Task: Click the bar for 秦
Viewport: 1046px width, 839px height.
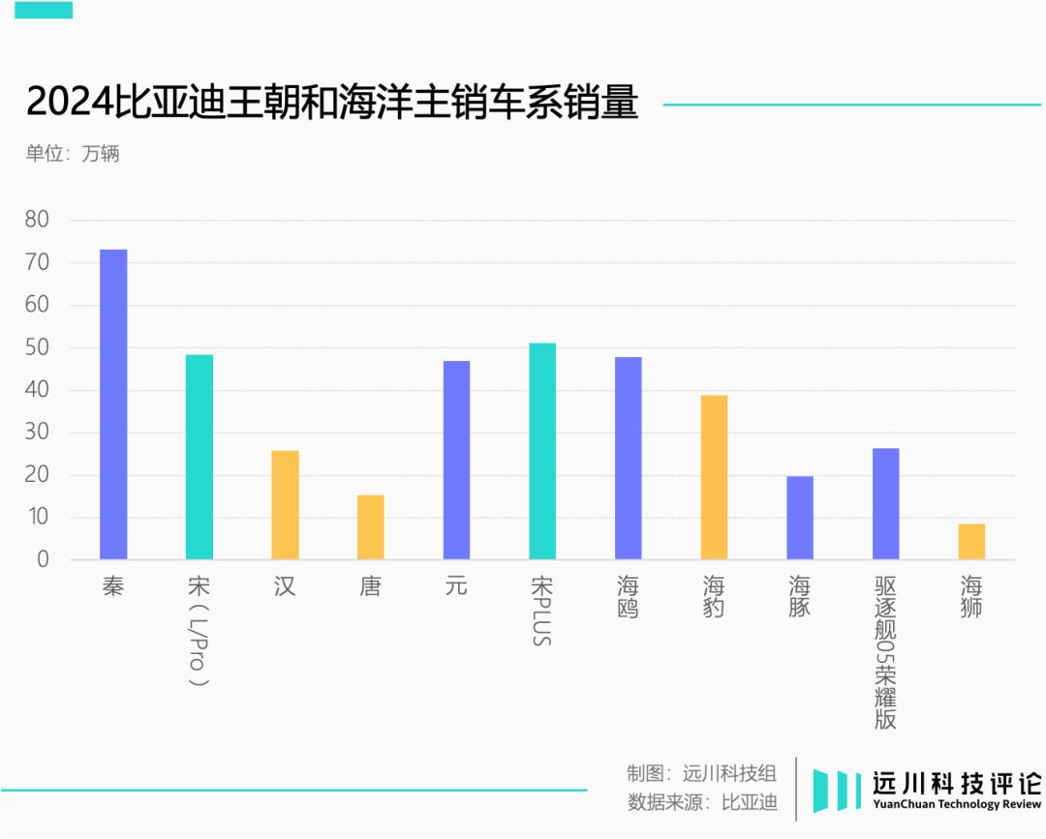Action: pos(113,405)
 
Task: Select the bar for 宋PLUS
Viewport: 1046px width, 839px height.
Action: pos(542,451)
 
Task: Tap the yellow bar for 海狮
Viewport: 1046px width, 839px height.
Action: pos(971,542)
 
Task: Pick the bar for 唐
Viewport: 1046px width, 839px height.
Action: pos(371,527)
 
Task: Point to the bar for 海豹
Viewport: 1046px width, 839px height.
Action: pos(714,477)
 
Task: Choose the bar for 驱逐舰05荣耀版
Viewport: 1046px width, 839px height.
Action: pos(885,504)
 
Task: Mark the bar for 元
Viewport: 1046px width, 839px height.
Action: pos(456,461)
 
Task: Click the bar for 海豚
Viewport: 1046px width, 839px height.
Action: pos(800,518)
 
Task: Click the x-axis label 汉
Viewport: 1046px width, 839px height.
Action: pos(285,586)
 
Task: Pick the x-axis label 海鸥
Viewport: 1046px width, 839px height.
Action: pos(629,596)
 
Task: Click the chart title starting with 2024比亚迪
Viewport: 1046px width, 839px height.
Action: pos(332,103)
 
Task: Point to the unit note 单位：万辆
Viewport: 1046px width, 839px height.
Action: pos(73,153)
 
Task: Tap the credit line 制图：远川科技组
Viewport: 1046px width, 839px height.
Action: pos(701,773)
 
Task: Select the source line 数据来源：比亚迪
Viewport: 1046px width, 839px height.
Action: pos(701,802)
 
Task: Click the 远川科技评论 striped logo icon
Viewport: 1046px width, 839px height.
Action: pos(837,790)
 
